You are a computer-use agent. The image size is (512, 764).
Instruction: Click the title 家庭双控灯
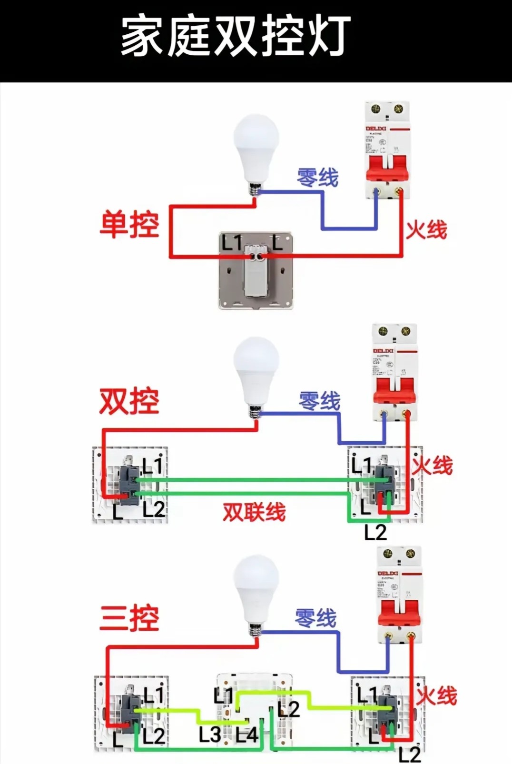236,36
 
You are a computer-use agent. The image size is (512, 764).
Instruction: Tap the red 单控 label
129,224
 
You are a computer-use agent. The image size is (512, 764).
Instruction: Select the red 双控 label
129,401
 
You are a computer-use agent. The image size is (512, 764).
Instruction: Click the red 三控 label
129,618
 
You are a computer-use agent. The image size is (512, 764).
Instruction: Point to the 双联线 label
255,512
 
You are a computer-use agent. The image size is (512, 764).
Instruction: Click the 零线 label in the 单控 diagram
317,178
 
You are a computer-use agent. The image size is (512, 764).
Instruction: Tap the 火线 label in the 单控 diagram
426,229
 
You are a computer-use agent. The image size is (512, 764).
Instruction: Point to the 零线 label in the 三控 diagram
315,618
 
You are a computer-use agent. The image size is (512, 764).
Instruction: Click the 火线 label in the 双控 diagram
433,465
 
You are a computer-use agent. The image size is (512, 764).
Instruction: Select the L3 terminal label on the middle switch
210,734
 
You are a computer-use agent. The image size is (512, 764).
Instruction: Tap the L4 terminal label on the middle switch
246,735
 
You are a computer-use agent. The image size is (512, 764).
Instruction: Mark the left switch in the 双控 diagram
129,485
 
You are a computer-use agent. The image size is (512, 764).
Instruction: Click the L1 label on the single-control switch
232,243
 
